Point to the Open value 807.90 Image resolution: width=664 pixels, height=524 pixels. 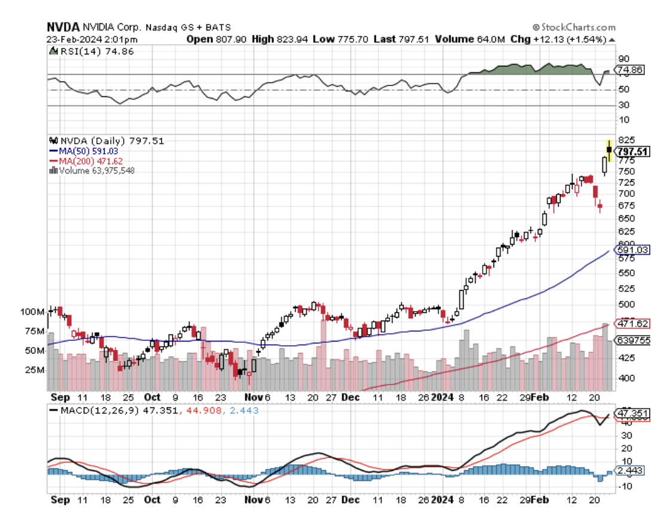[x=224, y=39]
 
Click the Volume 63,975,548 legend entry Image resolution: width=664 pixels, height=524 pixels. [x=96, y=170]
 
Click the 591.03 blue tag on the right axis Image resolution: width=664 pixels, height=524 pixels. [x=633, y=249]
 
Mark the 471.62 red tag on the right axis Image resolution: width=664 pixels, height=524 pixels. [x=633, y=324]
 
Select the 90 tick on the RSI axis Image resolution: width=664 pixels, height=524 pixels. [x=623, y=59]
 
